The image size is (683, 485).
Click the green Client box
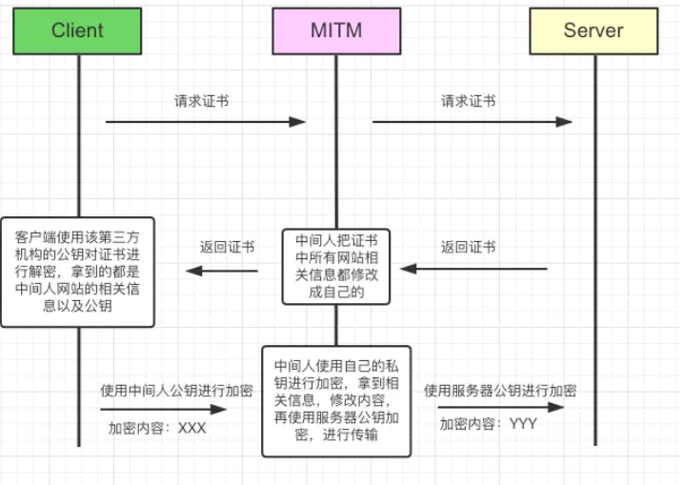77,30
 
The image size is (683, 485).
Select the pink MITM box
336,30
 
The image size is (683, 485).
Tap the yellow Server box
593,30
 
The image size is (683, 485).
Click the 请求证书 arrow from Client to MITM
205,122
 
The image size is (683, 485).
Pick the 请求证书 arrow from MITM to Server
472,122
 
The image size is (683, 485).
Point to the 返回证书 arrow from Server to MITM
473,269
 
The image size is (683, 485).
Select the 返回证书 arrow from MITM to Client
222,271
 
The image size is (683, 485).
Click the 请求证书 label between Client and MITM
201,100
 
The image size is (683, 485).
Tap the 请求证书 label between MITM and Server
468,100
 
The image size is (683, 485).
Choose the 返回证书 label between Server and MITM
468,247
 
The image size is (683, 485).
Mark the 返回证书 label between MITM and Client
227,247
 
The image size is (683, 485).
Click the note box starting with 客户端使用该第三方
78,272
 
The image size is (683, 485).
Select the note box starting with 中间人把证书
336,266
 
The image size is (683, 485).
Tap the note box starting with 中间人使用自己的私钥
336,400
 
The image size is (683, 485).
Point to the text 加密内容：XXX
157,428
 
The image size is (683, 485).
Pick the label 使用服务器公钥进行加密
500,391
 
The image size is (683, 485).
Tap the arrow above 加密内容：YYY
500,407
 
